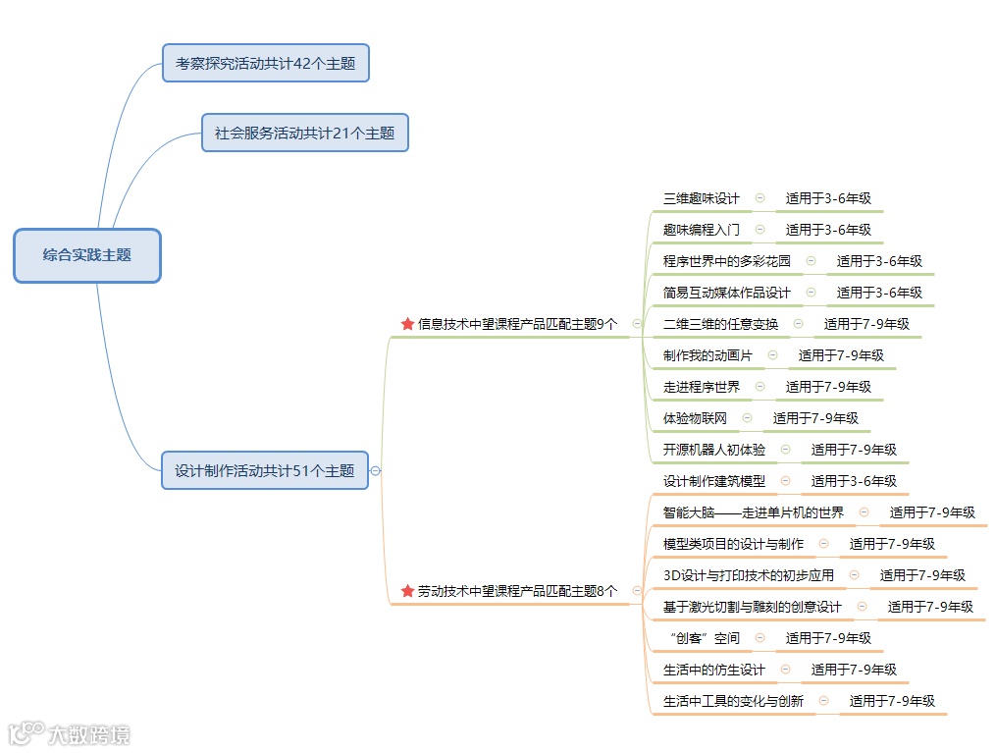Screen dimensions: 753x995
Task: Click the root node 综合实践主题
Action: coord(86,254)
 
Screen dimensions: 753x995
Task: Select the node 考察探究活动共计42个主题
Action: coord(265,63)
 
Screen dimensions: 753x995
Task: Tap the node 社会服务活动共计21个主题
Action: coord(304,133)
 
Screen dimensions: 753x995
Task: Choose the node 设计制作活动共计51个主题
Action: coord(265,470)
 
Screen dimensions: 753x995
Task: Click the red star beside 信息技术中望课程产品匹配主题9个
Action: coord(407,323)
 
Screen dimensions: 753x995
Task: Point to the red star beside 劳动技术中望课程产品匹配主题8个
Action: coord(407,591)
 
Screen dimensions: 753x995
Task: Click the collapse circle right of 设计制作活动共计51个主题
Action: coord(375,471)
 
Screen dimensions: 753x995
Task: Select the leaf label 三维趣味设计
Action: coord(701,198)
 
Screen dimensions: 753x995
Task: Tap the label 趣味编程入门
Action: coord(701,230)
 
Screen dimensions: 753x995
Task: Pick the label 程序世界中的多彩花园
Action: coord(726,261)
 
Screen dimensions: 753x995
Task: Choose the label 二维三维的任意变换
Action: coord(720,324)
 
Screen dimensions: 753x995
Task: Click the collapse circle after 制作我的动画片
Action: coord(772,355)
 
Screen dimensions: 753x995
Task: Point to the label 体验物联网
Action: coord(695,418)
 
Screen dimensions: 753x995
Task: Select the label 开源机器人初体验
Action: coord(713,450)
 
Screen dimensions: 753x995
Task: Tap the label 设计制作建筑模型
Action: coord(713,481)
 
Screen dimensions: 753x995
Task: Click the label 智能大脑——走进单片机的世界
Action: coord(753,512)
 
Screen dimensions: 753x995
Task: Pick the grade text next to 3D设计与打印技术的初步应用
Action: coord(922,575)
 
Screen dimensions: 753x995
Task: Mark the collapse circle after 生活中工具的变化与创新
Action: coord(823,701)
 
